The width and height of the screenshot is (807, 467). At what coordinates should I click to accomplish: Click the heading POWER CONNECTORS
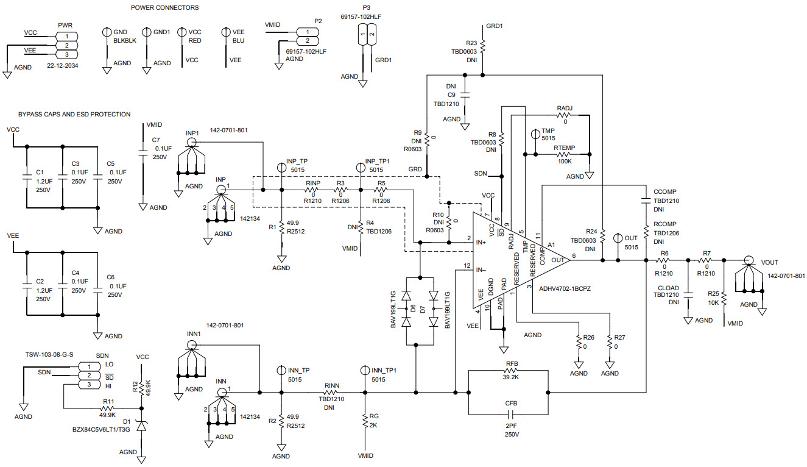point(164,8)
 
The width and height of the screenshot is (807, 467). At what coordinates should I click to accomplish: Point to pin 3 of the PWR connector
point(66,55)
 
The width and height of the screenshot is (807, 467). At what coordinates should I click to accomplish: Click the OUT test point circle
point(617,238)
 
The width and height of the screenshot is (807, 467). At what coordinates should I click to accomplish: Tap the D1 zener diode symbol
point(141,427)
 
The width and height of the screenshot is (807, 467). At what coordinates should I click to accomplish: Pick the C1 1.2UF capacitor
point(27,177)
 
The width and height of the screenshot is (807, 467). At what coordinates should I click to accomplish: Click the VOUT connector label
point(769,262)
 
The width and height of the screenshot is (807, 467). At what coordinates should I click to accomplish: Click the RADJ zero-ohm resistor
point(565,114)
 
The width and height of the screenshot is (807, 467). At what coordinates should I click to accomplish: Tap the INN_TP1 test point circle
point(364,370)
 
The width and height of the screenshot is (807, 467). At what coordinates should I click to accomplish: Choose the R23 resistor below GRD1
point(482,47)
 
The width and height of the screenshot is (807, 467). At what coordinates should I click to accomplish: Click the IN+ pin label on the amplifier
point(480,242)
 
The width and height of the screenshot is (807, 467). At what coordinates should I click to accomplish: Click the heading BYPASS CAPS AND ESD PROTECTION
point(74,114)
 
